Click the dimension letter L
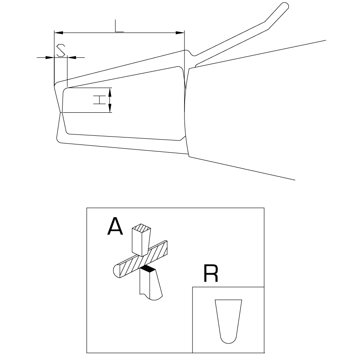pos(119,26)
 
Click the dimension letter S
pos(61,50)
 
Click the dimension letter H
pos(99,100)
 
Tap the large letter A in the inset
pos(115,226)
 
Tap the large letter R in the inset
pos(211,273)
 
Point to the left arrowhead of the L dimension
pos(59,33)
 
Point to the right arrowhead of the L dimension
pos(180,33)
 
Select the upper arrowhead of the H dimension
pos(110,92)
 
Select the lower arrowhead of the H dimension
pos(110,108)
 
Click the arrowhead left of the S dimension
pos(50,57)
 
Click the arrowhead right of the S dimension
pos(72,57)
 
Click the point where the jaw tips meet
pos(61,112)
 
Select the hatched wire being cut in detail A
pos(140,259)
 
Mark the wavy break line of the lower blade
pos(151,297)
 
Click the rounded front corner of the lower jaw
pos(59,140)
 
